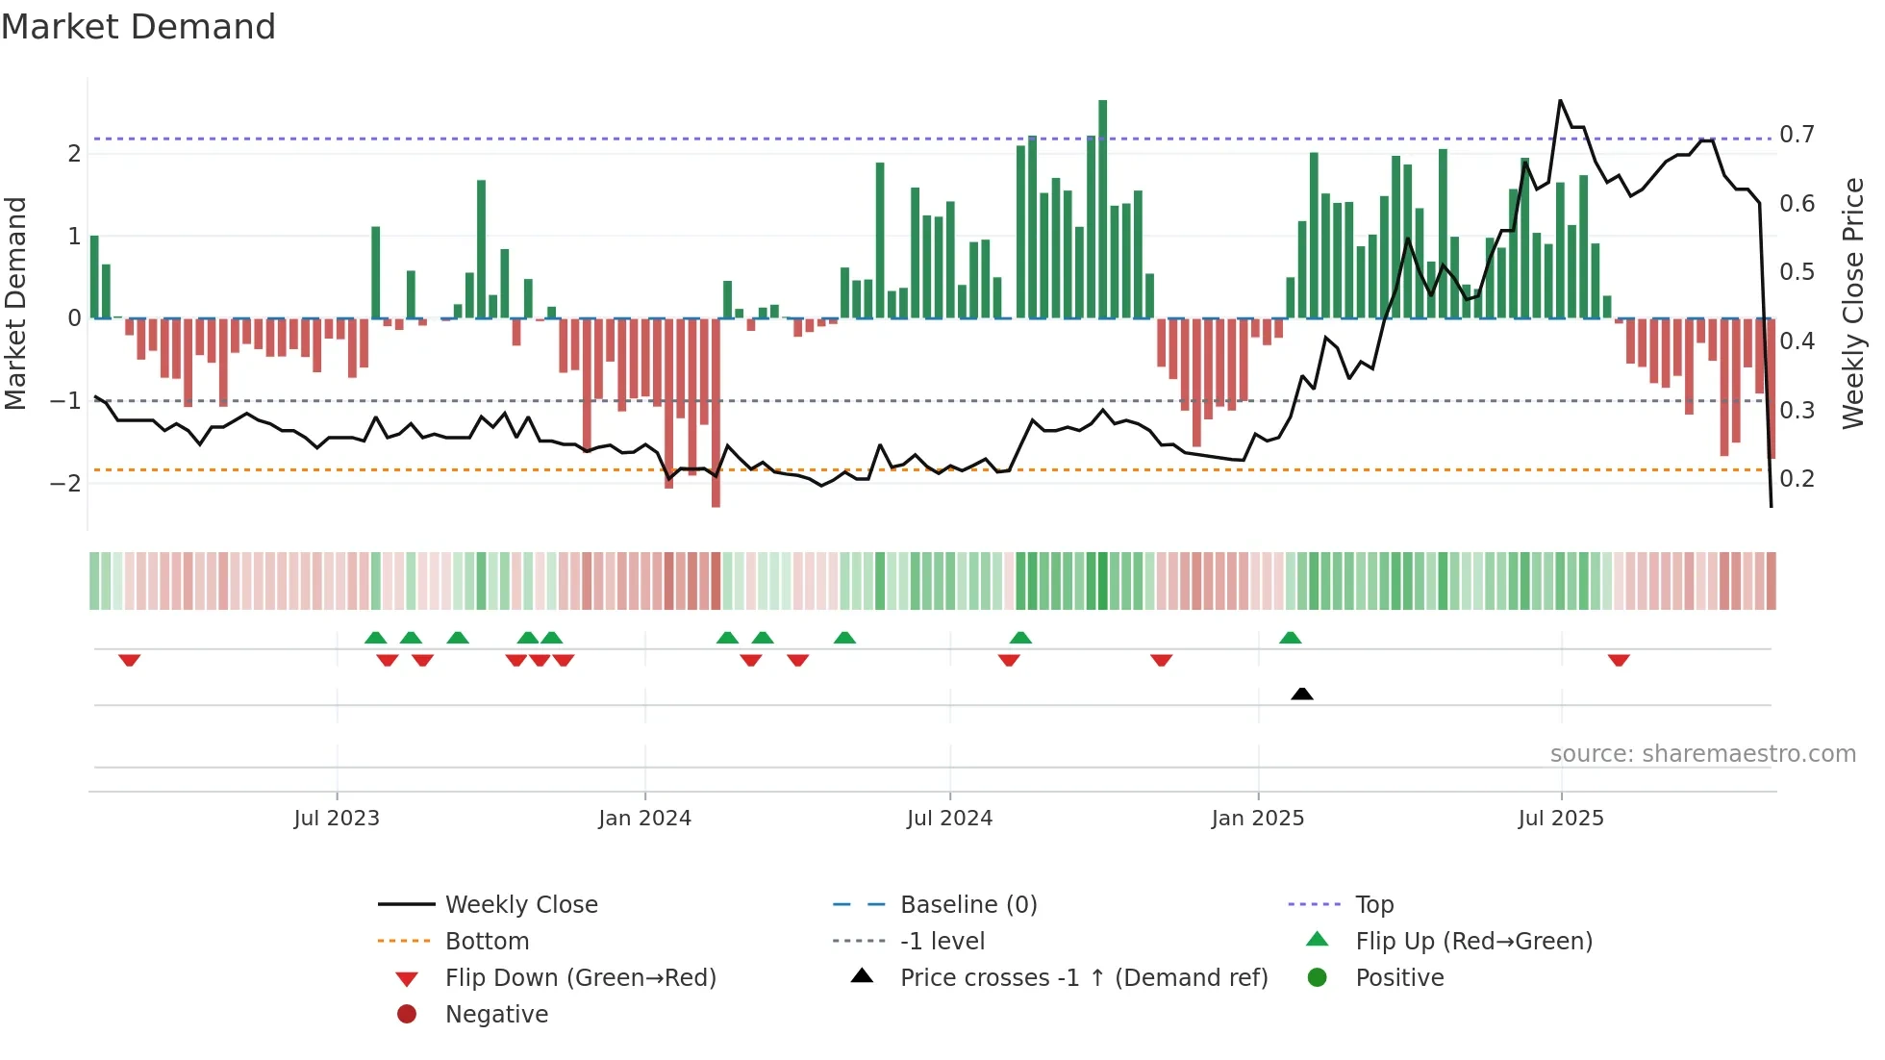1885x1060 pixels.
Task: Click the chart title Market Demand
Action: (x=138, y=27)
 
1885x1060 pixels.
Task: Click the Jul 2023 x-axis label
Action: (x=337, y=819)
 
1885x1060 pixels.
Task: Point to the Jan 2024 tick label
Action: (x=644, y=819)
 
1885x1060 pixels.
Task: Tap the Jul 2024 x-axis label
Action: (x=949, y=819)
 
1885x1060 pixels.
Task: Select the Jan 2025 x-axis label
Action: (x=1257, y=819)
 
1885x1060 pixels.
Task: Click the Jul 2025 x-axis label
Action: (x=1561, y=819)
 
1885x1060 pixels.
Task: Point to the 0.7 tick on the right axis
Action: (x=1797, y=135)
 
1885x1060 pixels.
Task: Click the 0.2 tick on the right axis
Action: (x=1797, y=479)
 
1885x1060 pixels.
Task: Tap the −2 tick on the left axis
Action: (x=65, y=483)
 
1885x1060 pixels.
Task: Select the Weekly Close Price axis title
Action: (x=1853, y=303)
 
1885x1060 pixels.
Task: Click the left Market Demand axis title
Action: (x=16, y=303)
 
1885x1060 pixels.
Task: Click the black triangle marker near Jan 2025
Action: (x=1301, y=694)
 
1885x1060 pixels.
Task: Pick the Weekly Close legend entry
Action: (x=520, y=904)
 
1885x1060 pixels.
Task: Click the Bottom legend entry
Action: (x=487, y=941)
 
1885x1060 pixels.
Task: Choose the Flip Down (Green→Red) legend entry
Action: (x=580, y=977)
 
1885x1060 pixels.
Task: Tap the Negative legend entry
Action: (x=496, y=1014)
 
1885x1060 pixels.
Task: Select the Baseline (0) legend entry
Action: (x=968, y=904)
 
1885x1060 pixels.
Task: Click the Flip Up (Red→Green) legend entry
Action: (x=1473, y=941)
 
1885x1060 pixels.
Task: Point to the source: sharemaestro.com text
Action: (x=1702, y=753)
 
